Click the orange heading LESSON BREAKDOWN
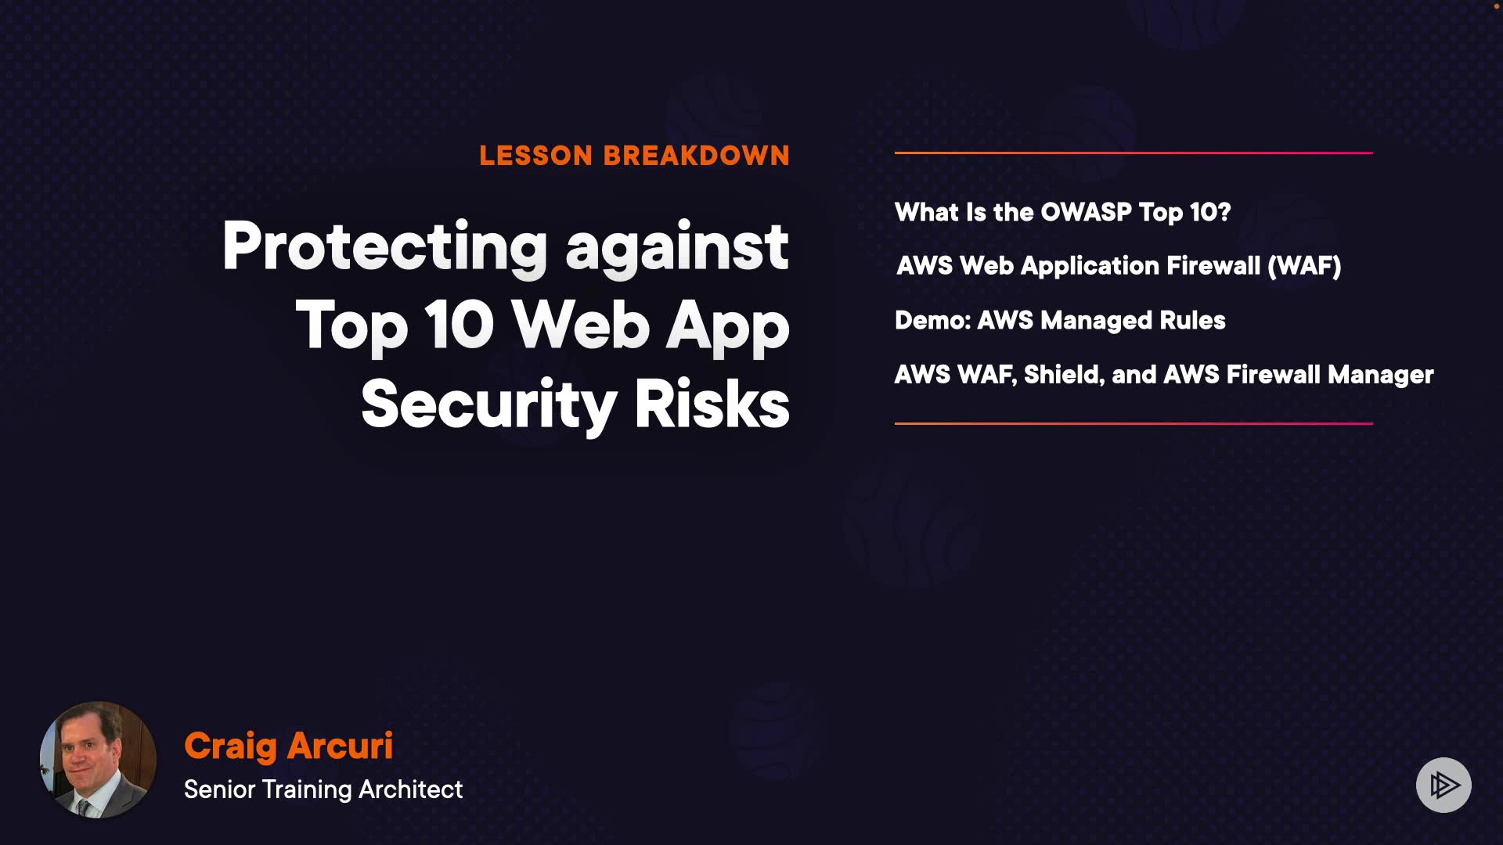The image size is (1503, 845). [x=634, y=156]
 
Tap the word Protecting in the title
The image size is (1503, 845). [x=384, y=247]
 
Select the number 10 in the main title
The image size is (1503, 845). [x=460, y=325]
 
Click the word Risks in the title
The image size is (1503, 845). [x=712, y=404]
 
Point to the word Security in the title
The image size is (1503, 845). [x=488, y=406]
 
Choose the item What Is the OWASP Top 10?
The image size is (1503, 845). [x=1062, y=212]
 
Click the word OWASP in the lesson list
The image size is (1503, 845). [x=1086, y=212]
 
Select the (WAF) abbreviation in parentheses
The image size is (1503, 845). [x=1304, y=266]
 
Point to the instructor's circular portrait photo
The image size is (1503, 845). [x=98, y=760]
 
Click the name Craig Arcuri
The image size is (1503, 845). [x=289, y=746]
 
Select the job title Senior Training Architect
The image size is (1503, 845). [x=323, y=789]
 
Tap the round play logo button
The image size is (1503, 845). [x=1444, y=785]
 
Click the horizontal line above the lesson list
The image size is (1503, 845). [x=1134, y=153]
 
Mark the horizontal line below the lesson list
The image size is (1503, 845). [x=1134, y=423]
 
